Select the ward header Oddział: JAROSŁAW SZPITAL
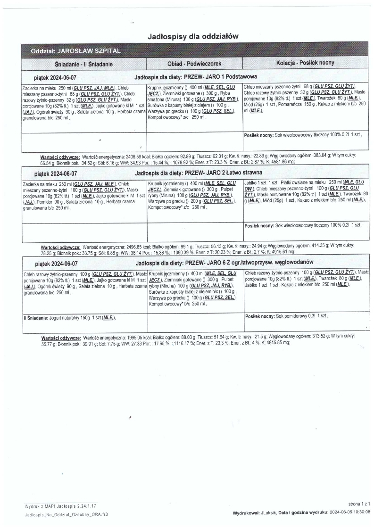tap(75, 50)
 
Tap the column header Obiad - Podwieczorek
tap(194, 63)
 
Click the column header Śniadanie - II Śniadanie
tap(83, 64)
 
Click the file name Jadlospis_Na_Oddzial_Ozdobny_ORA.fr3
tap(66, 515)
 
